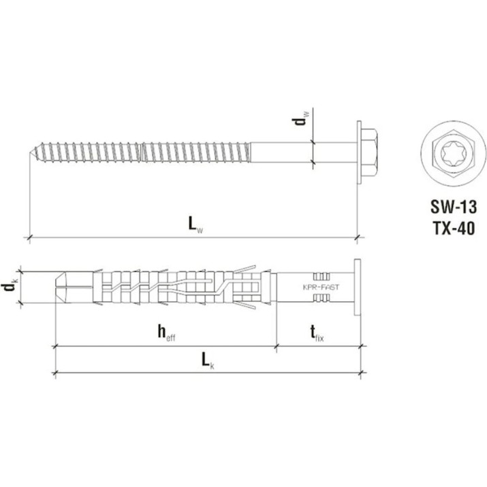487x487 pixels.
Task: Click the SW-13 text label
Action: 453,207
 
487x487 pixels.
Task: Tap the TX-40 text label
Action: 454,229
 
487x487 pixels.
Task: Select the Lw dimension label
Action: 195,224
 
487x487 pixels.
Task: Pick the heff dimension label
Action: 166,333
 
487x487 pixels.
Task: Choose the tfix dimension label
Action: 317,333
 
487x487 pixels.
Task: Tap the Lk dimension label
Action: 208,361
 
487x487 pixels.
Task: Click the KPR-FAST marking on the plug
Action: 321,287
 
